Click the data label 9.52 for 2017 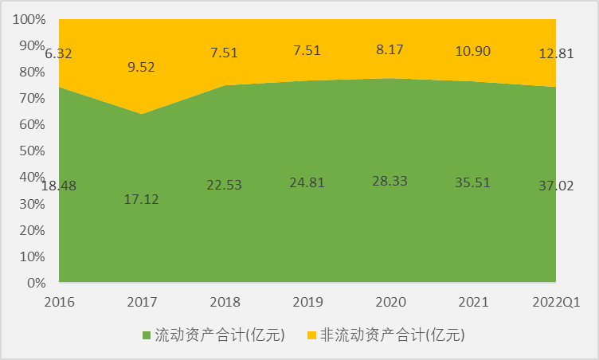coord(142,66)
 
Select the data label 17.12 coord(142,198)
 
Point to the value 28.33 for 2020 coord(390,181)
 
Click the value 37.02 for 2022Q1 coord(556,186)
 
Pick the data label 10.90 coord(474,51)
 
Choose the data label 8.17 coord(390,49)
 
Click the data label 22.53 coord(225,186)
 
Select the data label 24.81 coord(308,184)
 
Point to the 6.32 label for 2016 coord(59,54)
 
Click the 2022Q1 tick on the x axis coord(556,302)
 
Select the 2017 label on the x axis coord(142,302)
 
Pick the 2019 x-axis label coord(308,302)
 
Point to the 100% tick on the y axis coord(29,19)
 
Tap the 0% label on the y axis coord(36,283)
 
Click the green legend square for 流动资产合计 coord(147,335)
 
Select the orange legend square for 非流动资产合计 coord(311,335)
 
